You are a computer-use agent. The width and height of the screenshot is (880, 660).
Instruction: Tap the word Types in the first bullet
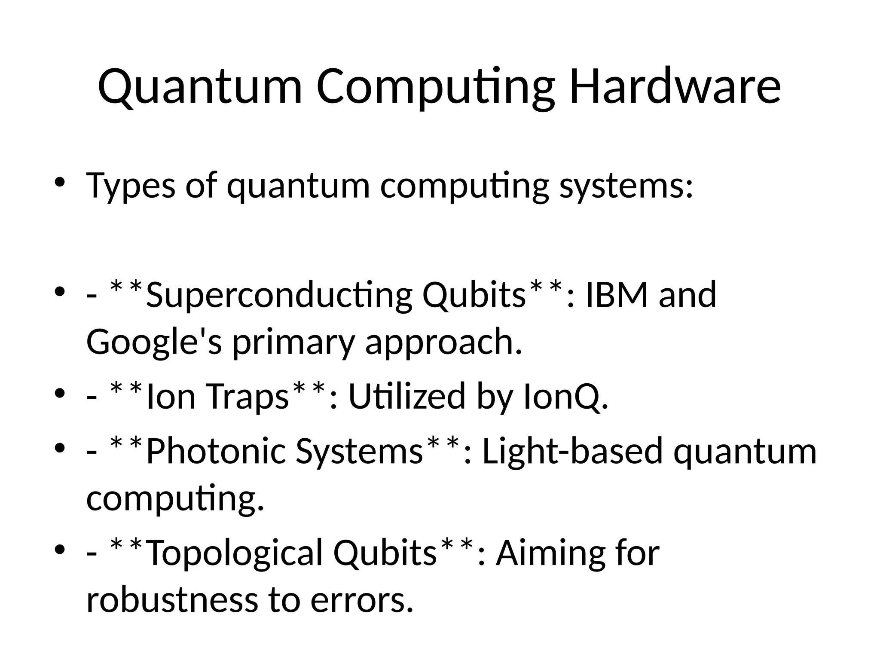pos(131,186)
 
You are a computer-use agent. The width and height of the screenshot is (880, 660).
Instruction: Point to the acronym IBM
pos(617,295)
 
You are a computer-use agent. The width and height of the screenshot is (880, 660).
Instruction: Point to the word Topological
pos(235,553)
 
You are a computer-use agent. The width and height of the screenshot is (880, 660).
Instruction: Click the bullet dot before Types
pos(60,182)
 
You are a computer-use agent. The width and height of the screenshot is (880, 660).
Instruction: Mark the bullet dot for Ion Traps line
pos(60,393)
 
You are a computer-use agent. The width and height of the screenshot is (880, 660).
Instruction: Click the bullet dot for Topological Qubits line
pos(60,550)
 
